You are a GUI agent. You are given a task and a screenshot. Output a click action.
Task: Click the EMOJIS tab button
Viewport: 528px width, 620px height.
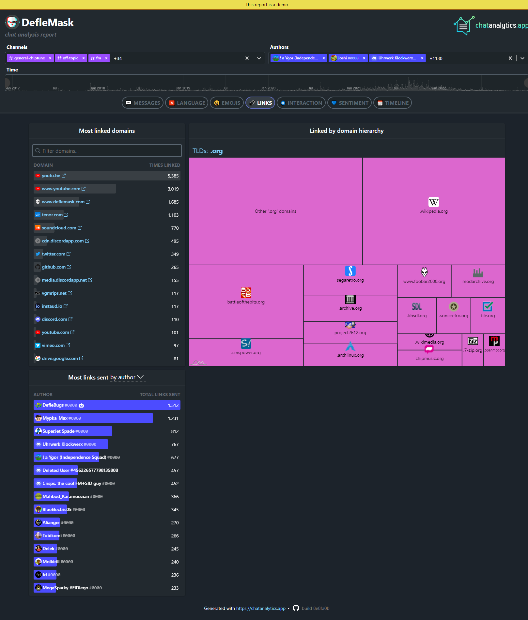point(227,103)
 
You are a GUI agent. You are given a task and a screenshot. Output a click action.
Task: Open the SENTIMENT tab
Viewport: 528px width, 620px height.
point(349,103)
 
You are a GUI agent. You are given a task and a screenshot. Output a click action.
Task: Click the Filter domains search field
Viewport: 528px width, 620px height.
point(107,151)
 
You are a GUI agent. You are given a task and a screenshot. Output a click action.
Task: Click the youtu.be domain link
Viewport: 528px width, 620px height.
point(51,176)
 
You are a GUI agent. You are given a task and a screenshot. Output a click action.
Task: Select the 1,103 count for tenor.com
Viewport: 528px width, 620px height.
point(173,215)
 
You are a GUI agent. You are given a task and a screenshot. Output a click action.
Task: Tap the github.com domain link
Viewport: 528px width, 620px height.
point(54,267)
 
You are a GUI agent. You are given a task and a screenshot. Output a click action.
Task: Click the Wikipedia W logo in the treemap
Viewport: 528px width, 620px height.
point(433,202)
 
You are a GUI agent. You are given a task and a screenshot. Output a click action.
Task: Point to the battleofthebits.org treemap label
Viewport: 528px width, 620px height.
point(246,302)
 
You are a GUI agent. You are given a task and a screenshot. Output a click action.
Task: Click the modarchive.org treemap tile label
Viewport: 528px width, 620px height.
point(478,281)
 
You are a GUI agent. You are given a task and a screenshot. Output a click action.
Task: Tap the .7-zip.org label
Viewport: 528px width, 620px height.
point(473,350)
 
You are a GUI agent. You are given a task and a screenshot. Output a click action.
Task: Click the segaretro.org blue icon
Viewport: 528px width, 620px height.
point(350,271)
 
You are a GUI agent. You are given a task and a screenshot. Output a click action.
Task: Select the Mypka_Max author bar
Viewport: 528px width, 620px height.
point(93,418)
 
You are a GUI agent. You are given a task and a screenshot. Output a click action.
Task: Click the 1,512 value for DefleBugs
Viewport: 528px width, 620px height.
point(173,405)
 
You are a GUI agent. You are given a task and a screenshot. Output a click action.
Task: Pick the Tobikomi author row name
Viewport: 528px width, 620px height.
point(52,535)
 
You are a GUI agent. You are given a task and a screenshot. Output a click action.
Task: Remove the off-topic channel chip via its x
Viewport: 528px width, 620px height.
point(84,58)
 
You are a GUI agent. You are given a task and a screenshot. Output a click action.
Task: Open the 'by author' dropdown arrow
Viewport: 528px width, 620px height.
point(140,377)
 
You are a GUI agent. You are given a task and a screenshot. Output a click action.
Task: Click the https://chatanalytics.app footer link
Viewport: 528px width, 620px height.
point(261,608)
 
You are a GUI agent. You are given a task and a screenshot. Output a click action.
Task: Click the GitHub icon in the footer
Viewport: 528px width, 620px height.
point(296,608)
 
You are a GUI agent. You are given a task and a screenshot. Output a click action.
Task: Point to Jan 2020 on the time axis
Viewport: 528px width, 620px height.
point(268,88)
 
